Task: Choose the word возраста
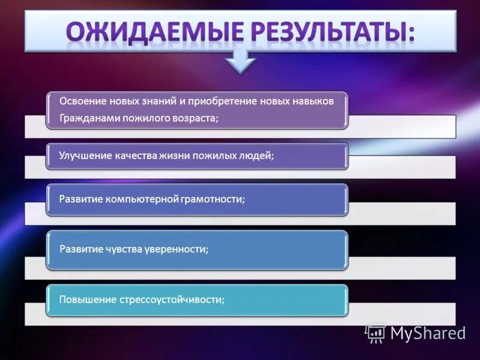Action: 194,118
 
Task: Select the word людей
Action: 256,155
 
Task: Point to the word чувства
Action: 122,249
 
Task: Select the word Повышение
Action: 85,299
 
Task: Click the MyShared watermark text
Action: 427,334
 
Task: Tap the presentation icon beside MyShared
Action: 376,334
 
